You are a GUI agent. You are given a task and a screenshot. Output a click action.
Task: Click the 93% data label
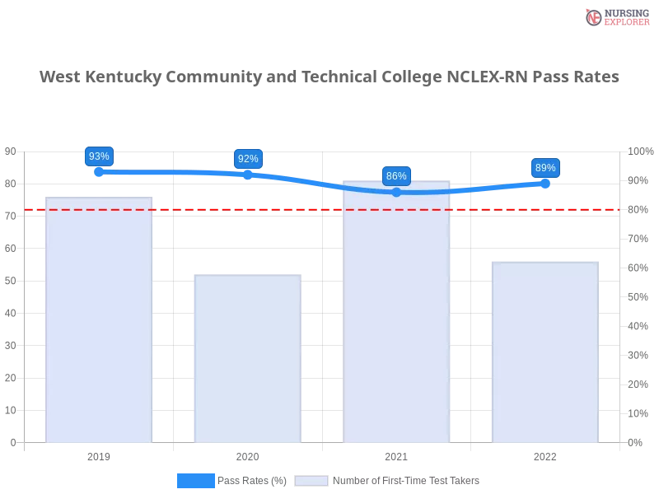[x=99, y=156]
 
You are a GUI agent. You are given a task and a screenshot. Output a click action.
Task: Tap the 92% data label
[x=248, y=159]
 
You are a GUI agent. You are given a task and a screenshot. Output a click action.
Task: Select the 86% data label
[x=396, y=176]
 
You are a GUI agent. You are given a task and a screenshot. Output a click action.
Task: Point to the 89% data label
[x=545, y=168]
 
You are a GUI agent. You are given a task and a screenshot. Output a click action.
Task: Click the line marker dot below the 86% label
[x=396, y=192]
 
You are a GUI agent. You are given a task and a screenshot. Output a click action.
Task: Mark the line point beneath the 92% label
[x=248, y=175]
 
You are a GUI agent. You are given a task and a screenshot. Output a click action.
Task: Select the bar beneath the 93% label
[x=99, y=321]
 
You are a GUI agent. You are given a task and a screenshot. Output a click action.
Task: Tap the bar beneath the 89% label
[x=544, y=352]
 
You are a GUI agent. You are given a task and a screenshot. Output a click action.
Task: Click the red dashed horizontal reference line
[x=321, y=209]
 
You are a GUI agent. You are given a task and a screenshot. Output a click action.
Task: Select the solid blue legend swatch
[x=196, y=481]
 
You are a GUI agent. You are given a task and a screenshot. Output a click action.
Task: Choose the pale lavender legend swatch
[x=311, y=481]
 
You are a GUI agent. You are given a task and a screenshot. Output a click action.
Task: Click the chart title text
[x=329, y=77]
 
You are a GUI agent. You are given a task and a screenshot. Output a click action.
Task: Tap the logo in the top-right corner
[x=615, y=17]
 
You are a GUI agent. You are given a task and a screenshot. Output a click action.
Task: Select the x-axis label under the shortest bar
[x=247, y=454]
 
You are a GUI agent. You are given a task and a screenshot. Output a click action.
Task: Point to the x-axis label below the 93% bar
[x=99, y=454]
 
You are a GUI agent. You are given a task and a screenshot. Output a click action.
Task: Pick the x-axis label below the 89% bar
[x=544, y=454]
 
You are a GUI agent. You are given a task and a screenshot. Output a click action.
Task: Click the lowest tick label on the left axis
[x=12, y=442]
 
